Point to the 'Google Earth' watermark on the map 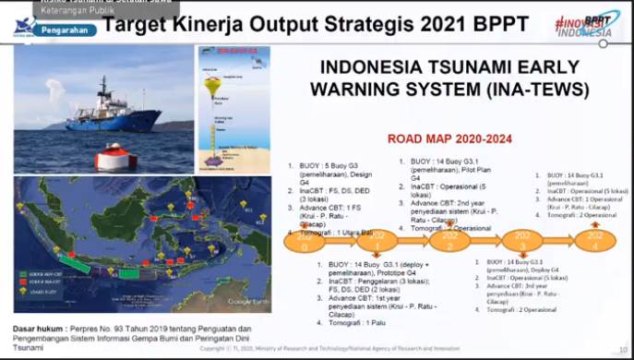point(247,301)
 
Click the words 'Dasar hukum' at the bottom point(39,330)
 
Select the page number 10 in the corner point(623,351)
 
